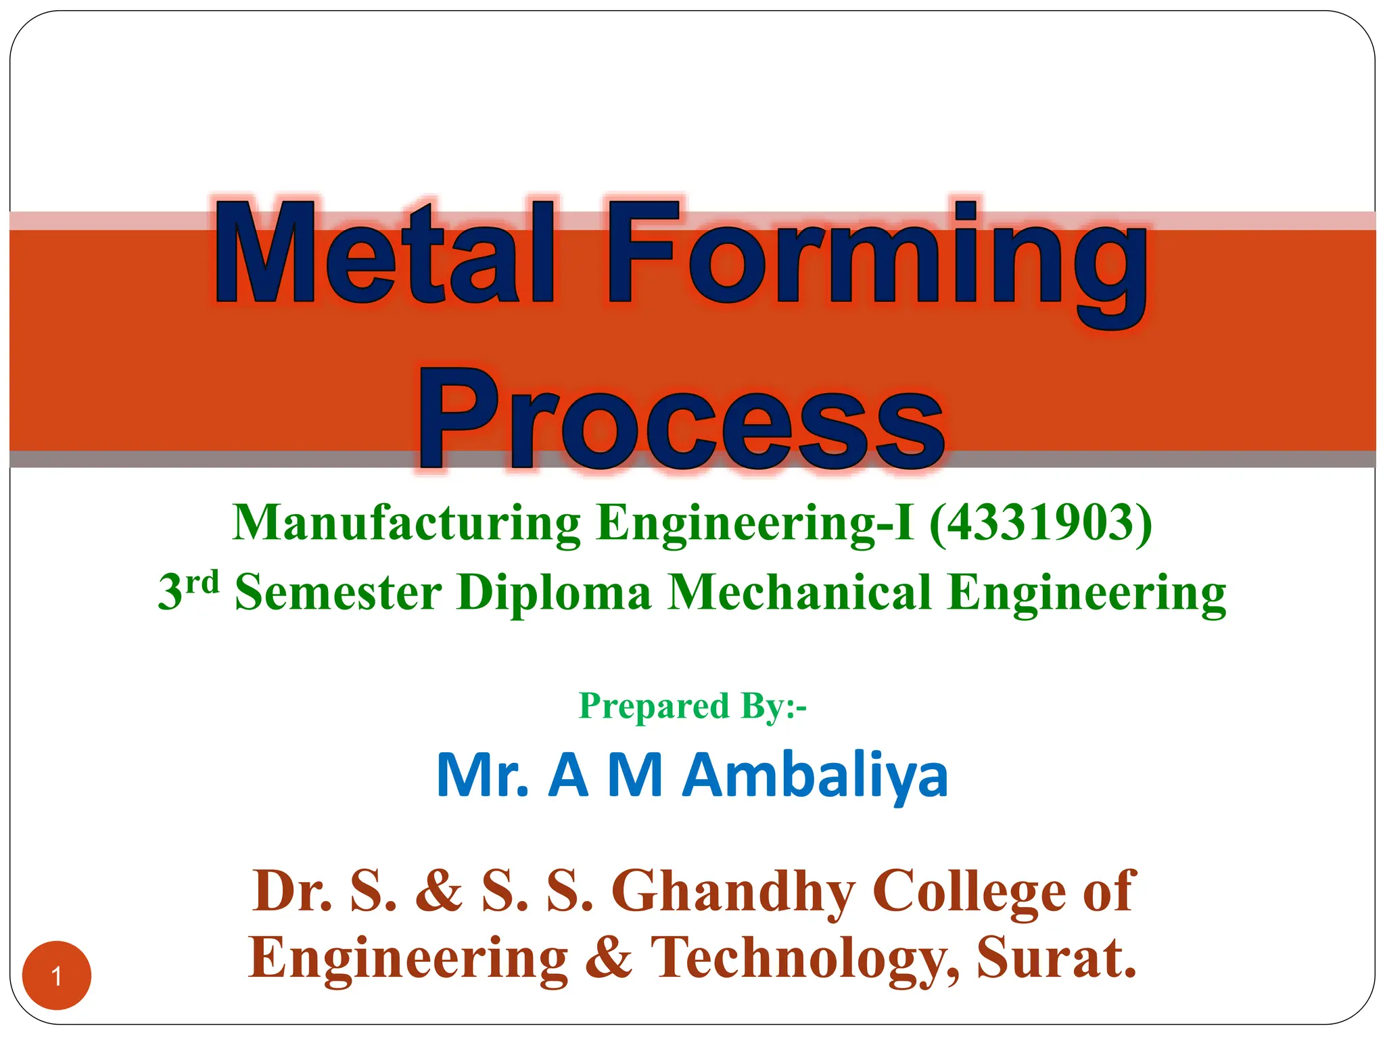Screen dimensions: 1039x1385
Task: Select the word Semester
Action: (x=338, y=592)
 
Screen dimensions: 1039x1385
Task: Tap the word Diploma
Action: (x=554, y=592)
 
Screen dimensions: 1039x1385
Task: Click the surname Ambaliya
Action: (x=815, y=776)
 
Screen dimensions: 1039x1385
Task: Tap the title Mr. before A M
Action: (x=482, y=776)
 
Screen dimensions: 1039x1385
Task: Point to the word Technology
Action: (x=805, y=959)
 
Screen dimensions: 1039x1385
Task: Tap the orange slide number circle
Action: (x=57, y=975)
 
